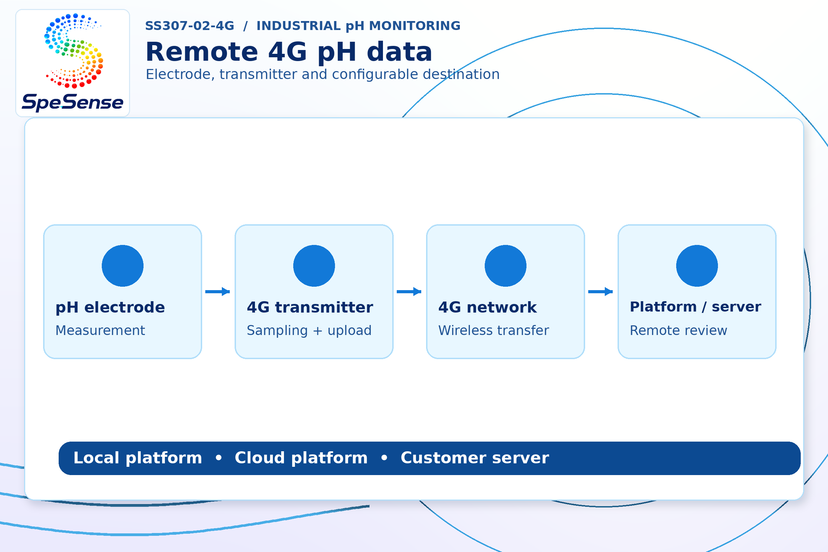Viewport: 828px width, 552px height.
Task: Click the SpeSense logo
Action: point(72,63)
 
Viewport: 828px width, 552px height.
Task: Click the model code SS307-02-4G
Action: point(189,26)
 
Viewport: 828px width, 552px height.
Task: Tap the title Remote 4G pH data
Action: point(289,52)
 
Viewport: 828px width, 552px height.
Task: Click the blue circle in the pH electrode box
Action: point(122,266)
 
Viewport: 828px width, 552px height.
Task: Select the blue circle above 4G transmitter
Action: point(314,266)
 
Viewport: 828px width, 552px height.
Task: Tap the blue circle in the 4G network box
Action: point(505,266)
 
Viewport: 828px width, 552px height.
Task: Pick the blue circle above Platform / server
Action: point(697,266)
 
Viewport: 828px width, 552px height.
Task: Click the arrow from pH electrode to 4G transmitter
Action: point(218,292)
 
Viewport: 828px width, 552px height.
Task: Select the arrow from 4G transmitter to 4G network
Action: point(409,292)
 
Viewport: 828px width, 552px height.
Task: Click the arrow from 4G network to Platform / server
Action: point(601,292)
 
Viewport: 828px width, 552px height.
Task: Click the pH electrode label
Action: point(110,308)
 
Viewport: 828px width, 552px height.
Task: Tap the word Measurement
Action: point(100,331)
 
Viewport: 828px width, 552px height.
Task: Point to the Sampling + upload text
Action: point(309,331)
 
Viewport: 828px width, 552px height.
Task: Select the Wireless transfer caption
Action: point(494,331)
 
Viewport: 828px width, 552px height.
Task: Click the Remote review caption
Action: point(678,331)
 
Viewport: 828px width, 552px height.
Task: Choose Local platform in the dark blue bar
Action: point(138,459)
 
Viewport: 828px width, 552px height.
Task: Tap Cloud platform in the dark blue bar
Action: point(301,459)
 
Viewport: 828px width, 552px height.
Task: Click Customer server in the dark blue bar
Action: point(475,458)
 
